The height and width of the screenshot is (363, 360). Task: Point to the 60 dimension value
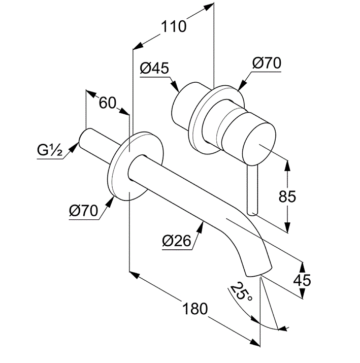coord(108,103)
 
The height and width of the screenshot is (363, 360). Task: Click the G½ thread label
coord(50,150)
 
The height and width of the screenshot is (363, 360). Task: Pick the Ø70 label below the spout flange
coord(83,210)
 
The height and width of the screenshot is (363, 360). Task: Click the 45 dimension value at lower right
coord(303,279)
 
